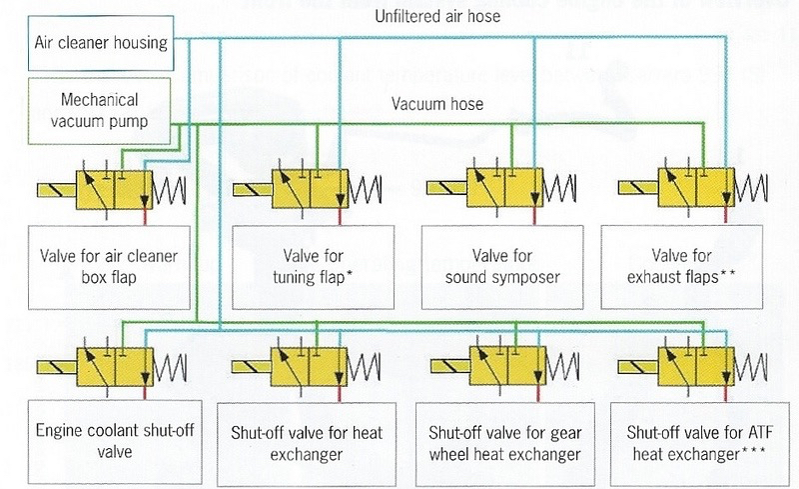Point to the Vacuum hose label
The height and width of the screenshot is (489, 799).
(x=436, y=104)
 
